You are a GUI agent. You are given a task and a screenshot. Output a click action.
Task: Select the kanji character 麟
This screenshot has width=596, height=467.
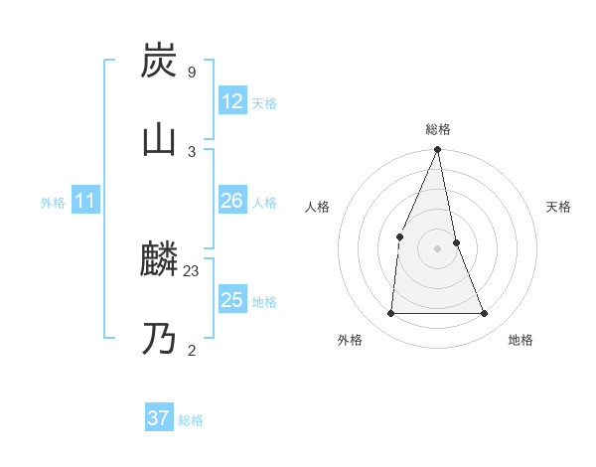click(159, 259)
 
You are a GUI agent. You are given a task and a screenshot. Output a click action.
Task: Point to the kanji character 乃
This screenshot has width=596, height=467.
click(159, 339)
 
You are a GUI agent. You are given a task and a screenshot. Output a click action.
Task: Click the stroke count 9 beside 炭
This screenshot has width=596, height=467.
click(191, 72)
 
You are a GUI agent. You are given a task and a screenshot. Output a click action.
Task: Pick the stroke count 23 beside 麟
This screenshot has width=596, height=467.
click(192, 270)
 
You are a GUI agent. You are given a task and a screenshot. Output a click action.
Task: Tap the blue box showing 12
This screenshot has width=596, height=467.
click(231, 101)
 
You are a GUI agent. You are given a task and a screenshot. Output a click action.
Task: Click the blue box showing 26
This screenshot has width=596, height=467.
click(231, 201)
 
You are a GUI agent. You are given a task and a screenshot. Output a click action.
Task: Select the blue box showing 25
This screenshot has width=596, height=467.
click(231, 300)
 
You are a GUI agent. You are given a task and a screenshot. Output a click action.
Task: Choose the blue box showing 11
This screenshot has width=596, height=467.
click(84, 202)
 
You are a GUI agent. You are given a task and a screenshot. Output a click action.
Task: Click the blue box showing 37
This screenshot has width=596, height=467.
click(158, 418)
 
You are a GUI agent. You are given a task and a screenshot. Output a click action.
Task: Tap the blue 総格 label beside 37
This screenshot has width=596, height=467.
click(191, 420)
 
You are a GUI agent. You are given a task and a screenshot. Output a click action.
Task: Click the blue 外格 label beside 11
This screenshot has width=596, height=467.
click(53, 203)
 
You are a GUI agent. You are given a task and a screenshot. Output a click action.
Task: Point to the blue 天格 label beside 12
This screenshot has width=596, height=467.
click(264, 103)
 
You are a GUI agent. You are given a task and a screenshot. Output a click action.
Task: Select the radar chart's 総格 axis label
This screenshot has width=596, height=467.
click(437, 129)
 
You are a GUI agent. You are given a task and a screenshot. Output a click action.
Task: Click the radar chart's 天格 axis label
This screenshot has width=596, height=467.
click(559, 207)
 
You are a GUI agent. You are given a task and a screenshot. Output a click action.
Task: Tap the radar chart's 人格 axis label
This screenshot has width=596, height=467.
click(317, 207)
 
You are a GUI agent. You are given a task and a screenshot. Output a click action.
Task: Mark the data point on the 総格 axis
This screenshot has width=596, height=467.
click(437, 150)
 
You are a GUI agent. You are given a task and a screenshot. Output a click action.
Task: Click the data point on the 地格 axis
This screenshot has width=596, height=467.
click(485, 314)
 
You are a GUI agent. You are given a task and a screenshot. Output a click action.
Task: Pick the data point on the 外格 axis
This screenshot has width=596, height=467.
click(390, 314)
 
